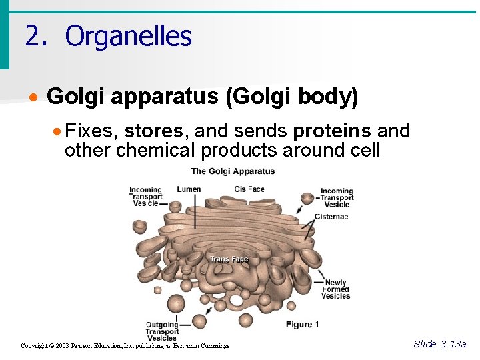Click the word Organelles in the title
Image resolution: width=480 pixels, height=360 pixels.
[x=128, y=36]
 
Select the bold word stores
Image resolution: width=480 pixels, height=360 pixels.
[x=153, y=131]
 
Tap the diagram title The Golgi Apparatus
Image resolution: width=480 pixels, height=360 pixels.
[x=233, y=171]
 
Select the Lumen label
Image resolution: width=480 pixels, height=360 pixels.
[x=189, y=189]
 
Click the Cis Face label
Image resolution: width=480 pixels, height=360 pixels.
[x=249, y=189]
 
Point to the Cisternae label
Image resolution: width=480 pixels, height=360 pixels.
[x=331, y=217]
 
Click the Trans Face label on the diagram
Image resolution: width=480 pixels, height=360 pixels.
[x=229, y=259]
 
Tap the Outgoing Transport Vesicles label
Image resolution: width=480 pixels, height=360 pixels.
[x=162, y=331]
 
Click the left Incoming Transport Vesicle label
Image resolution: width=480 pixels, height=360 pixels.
[x=145, y=197]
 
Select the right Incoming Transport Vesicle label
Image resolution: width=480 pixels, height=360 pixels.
[x=336, y=197]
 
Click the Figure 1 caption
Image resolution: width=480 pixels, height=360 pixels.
[x=302, y=325]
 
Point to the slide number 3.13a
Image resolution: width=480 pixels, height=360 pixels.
[x=440, y=344]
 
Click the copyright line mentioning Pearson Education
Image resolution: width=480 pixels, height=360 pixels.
[x=125, y=346]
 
